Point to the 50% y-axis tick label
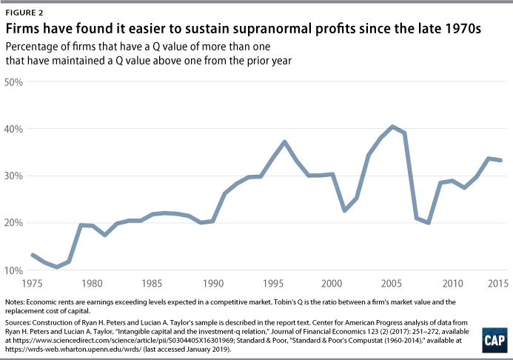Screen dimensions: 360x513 [15, 81]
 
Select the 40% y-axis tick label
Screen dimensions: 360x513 [15, 129]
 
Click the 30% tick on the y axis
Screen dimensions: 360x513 [15, 176]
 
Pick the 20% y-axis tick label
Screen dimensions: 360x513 [15, 223]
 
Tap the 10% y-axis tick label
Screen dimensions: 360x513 [15, 270]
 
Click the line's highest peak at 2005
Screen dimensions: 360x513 [392, 127]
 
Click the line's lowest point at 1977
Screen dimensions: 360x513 [57, 267]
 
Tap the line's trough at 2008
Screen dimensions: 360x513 [429, 222]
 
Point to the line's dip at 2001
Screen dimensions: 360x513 [345, 210]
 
